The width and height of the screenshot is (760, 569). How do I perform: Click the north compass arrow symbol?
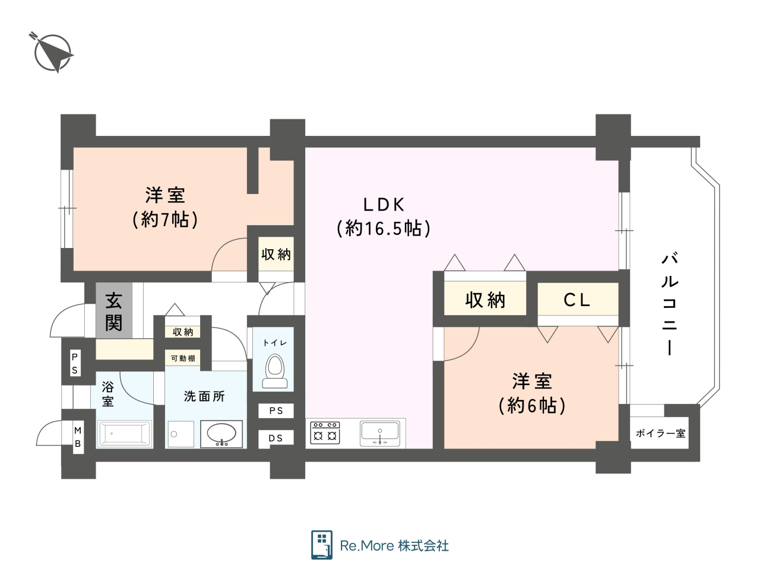[52, 53]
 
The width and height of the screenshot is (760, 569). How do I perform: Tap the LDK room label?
[384, 205]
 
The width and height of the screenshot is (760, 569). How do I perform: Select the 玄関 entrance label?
[113, 311]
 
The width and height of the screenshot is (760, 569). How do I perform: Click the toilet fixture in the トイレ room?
[274, 371]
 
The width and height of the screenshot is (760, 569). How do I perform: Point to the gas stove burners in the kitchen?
[325, 433]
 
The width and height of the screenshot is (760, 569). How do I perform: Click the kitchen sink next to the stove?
[380, 433]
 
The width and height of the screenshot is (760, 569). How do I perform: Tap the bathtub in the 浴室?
[125, 434]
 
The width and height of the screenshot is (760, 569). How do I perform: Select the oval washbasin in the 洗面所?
[221, 434]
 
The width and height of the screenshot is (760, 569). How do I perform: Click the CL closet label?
[577, 300]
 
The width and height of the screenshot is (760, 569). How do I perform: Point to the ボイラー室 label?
[660, 433]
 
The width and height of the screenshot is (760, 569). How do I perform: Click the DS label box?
[276, 438]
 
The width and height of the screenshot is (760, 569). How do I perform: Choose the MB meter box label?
[78, 437]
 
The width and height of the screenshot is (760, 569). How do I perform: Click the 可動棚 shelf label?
[183, 358]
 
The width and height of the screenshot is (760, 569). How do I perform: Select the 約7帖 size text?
[165, 220]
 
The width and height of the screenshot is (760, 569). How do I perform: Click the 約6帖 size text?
[532, 405]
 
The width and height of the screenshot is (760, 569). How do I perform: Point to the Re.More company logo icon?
[322, 545]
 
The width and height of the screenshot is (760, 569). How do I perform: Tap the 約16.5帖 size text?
[384, 228]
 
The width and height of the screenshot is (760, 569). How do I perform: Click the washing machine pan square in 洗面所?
[180, 434]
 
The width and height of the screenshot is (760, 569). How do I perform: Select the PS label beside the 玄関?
[75, 363]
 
